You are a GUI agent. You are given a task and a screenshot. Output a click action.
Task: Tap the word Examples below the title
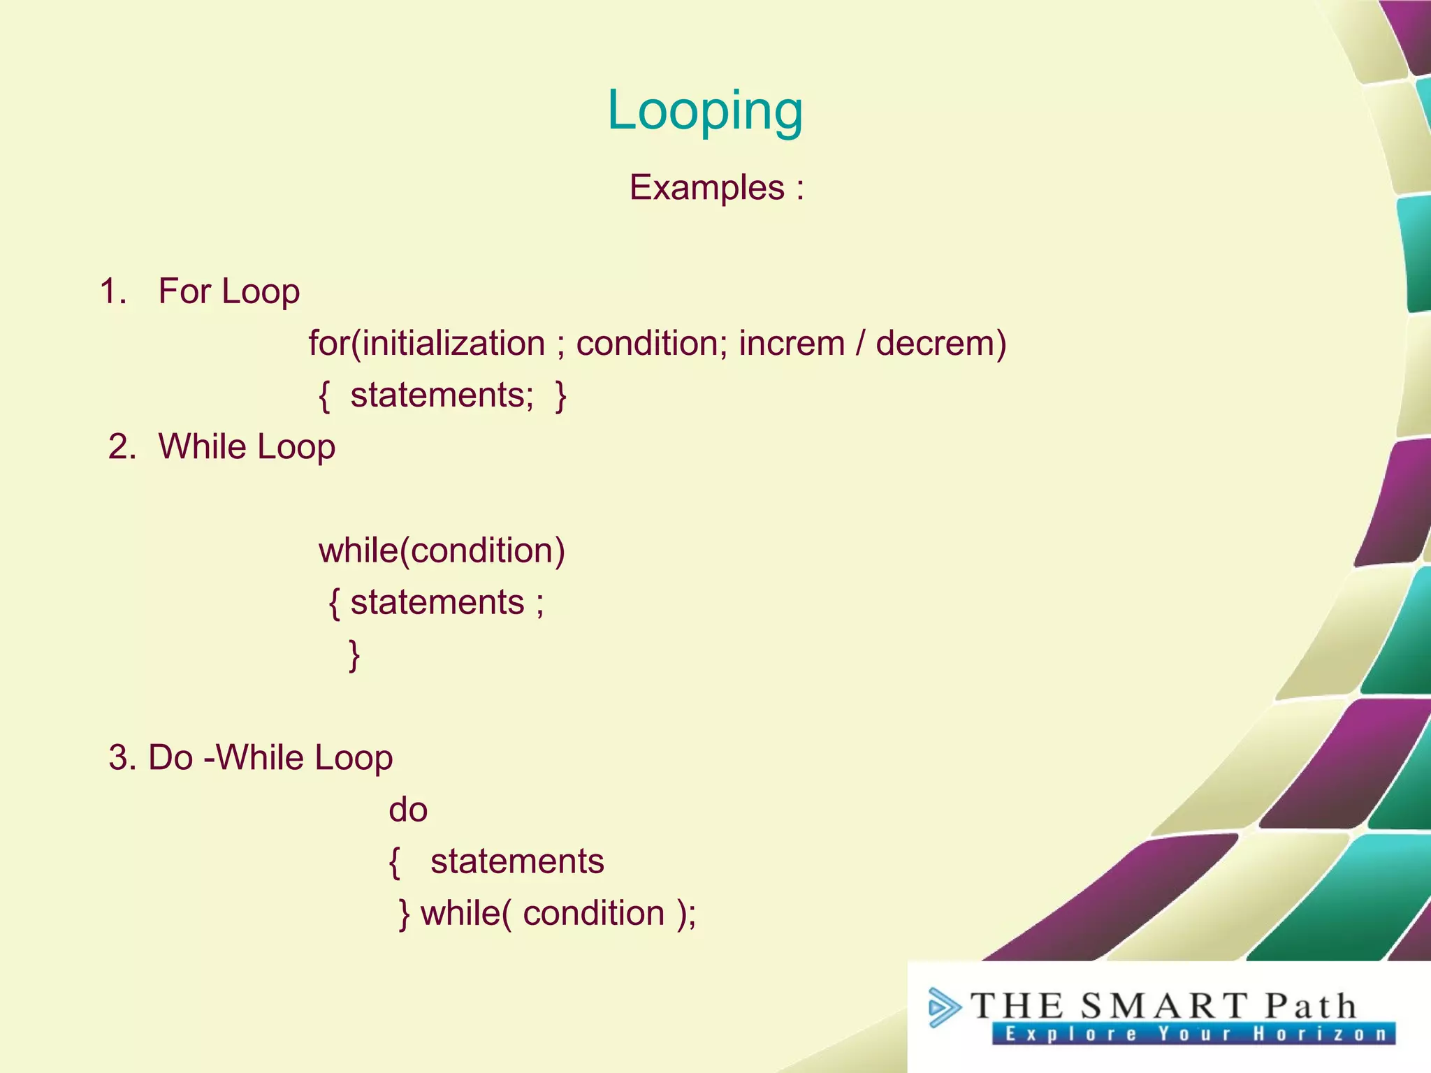[x=706, y=187]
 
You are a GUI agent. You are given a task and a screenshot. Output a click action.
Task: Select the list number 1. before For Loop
[x=113, y=291]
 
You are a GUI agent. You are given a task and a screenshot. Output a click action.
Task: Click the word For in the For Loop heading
[x=184, y=291]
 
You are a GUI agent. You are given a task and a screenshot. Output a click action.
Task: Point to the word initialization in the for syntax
[x=453, y=343]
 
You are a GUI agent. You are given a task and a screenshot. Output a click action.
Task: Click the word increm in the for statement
[x=792, y=343]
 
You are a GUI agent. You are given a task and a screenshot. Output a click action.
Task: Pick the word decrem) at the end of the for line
[x=940, y=343]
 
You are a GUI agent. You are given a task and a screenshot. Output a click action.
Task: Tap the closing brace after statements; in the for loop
[x=560, y=395]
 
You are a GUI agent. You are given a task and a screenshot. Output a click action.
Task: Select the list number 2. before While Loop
[x=122, y=446]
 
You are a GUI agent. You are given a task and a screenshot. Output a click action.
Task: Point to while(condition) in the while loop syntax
[x=442, y=550]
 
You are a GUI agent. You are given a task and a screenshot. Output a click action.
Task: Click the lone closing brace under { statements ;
[x=354, y=655]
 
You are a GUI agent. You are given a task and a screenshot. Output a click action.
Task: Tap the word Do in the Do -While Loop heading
[x=170, y=757]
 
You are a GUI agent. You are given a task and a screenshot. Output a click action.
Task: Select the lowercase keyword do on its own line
[x=408, y=810]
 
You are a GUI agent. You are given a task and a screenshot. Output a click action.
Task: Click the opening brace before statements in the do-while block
[x=395, y=862]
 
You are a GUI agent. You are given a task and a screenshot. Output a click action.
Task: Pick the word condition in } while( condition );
[x=593, y=913]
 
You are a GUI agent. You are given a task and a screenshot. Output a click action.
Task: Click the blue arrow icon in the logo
[x=944, y=1008]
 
